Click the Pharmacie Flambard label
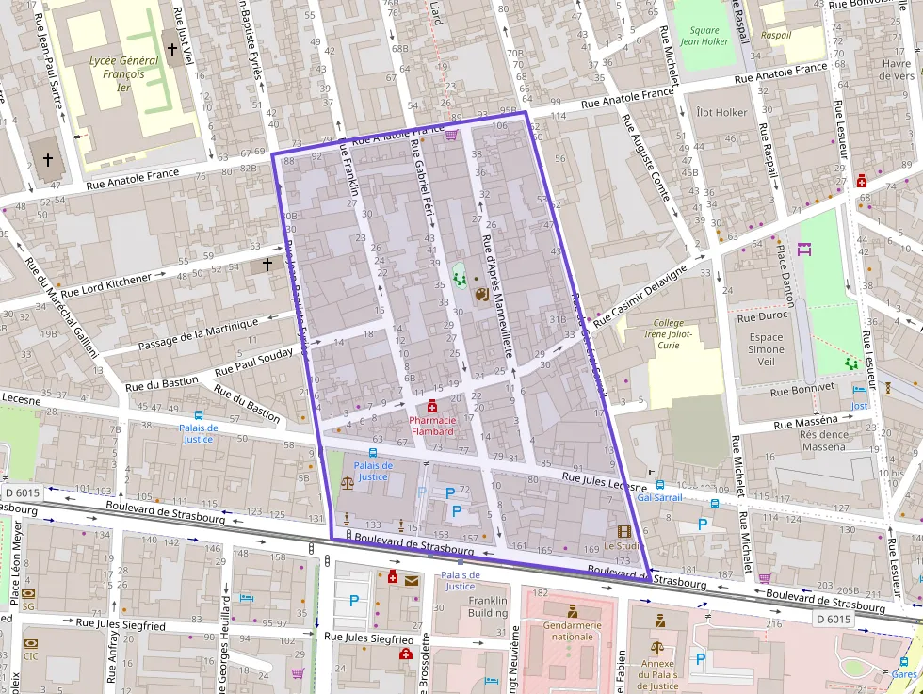[x=431, y=426]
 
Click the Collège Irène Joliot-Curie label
[x=669, y=333]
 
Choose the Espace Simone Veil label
[x=766, y=349]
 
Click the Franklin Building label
[x=488, y=606]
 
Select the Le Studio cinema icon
[x=623, y=531]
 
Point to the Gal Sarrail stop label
[x=659, y=496]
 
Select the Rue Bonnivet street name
[x=802, y=387]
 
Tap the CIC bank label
[x=31, y=656]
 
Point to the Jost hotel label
[x=859, y=406]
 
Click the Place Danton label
[x=785, y=273]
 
